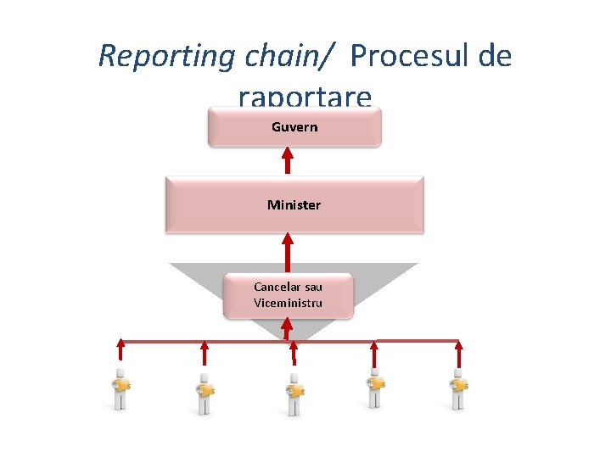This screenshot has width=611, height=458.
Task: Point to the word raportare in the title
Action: pyautogui.click(x=305, y=98)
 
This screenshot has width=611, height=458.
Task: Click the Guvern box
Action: pyautogui.click(x=294, y=127)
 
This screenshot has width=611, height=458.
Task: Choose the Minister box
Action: pyautogui.click(x=294, y=204)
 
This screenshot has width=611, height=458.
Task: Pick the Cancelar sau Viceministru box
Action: pyautogui.click(x=288, y=294)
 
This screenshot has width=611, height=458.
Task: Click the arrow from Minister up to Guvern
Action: pyautogui.click(x=288, y=162)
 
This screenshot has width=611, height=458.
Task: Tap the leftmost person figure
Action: pyautogui.click(x=121, y=389)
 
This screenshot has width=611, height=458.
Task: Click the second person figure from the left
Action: pyautogui.click(x=205, y=393)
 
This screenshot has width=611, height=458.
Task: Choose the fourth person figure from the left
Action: pyautogui.click(x=374, y=389)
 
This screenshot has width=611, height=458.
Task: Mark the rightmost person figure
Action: pyautogui.click(x=458, y=389)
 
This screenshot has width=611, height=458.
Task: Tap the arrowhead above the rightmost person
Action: pyautogui.click(x=458, y=345)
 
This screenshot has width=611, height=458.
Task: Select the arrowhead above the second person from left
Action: pyautogui.click(x=205, y=346)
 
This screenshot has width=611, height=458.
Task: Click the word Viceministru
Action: pyautogui.click(x=288, y=304)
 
